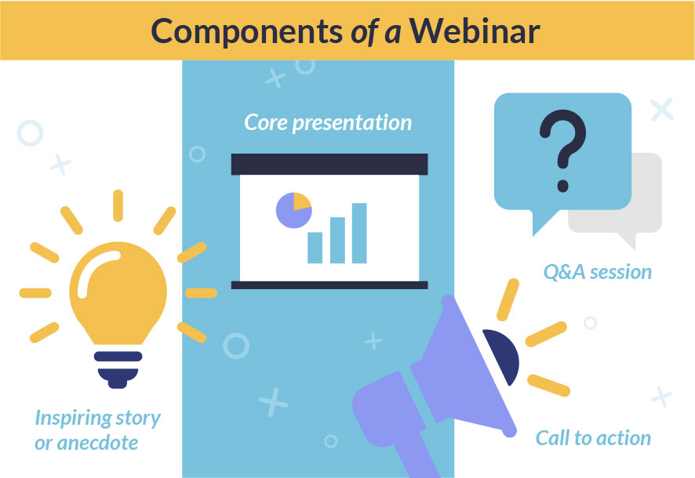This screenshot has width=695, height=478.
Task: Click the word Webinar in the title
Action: (475, 31)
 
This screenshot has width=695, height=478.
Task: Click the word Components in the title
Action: (247, 33)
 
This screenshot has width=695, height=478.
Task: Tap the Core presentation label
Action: (328, 122)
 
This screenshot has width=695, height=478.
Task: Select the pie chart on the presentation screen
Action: (294, 210)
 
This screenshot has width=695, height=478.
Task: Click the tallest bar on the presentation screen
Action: (359, 234)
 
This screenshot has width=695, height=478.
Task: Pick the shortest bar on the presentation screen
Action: (315, 248)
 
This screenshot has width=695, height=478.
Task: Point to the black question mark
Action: (563, 150)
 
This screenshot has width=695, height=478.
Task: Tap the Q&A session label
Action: (598, 272)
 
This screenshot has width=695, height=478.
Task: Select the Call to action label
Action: (593, 438)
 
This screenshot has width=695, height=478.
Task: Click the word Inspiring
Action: (74, 418)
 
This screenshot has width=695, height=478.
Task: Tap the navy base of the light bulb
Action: (118, 370)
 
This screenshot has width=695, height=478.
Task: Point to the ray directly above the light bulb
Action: (118, 205)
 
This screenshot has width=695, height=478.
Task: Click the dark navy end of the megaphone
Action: (503, 354)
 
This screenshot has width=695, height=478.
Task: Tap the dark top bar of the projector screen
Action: (329, 165)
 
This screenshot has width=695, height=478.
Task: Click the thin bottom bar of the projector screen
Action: (329, 285)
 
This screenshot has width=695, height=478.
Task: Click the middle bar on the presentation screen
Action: (337, 241)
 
